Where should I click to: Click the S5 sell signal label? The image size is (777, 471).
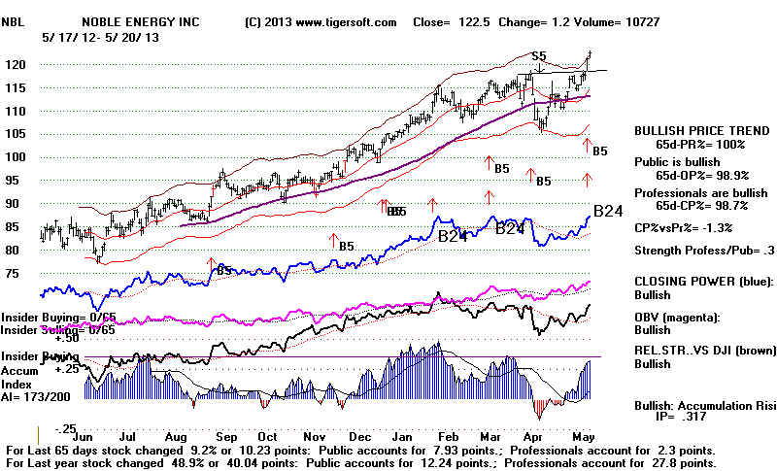point(537,57)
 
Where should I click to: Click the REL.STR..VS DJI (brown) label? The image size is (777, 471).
point(697,351)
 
